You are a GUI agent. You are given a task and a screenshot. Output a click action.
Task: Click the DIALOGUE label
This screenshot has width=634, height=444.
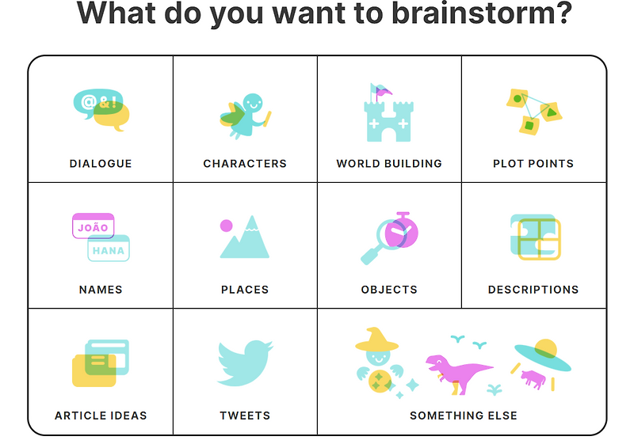tap(101, 164)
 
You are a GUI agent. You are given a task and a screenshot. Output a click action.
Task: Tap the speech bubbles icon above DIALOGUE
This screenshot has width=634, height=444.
tap(101, 109)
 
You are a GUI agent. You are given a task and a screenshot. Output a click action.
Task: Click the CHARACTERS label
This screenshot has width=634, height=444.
tap(245, 164)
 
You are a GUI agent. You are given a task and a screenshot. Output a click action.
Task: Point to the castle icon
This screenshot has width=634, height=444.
tap(389, 115)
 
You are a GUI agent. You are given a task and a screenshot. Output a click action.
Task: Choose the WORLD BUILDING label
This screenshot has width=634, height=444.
tap(389, 164)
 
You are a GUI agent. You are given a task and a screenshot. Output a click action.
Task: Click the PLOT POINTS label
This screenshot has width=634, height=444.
tap(533, 164)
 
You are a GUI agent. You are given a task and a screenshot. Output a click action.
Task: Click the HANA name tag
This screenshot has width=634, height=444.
tap(109, 249)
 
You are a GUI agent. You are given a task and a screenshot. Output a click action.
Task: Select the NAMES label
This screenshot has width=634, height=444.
tap(101, 290)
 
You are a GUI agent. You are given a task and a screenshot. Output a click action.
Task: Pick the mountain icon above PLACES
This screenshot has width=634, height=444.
tap(247, 239)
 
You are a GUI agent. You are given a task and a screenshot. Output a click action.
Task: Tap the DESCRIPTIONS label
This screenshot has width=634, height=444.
tap(533, 290)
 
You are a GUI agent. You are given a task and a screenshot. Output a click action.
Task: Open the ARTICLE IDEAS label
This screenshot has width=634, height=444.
tap(101, 416)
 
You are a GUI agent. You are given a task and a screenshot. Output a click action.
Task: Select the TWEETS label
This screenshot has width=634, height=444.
tap(245, 416)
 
